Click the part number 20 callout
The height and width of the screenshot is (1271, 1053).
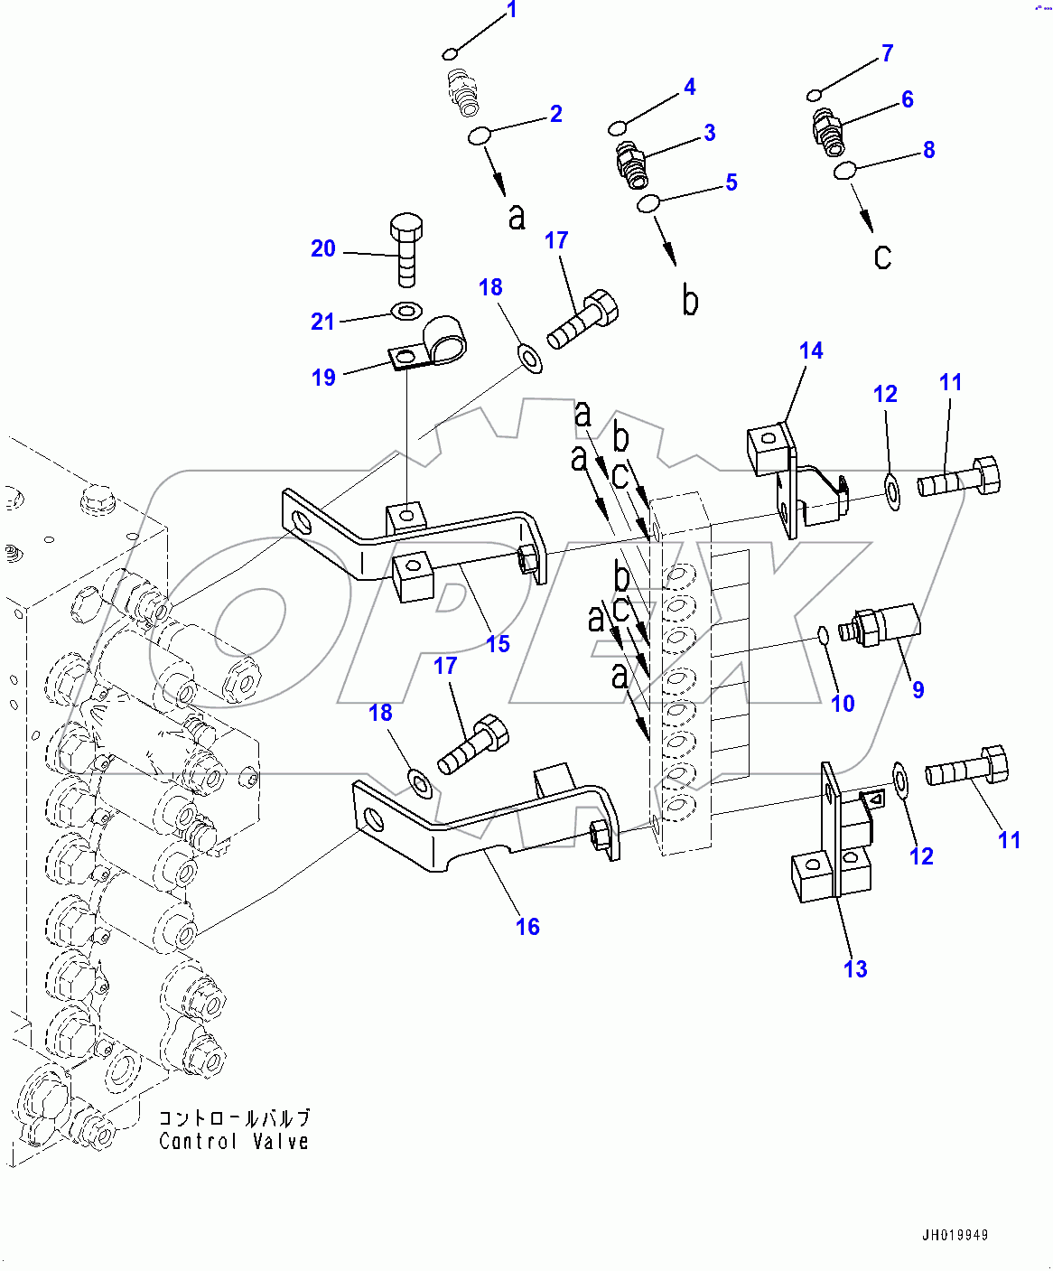point(322,248)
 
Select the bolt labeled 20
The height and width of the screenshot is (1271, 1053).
point(406,248)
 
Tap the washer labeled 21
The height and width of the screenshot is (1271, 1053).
point(405,313)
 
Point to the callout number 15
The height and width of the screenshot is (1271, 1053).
point(498,644)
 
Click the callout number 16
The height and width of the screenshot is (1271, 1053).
point(527,926)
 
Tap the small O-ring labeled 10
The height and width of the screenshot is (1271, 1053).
point(824,635)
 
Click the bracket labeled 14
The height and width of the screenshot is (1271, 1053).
point(786,479)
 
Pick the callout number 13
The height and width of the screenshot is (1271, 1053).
point(854,968)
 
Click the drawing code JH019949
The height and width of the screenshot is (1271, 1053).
point(955,1235)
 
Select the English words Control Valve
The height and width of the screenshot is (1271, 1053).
point(234,1142)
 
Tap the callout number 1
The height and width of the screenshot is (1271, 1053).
point(512,10)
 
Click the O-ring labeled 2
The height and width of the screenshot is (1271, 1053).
point(479,136)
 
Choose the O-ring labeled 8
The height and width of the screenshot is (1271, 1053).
point(845,170)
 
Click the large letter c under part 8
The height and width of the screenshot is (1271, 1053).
point(882,257)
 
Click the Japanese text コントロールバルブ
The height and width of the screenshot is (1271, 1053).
point(234,1118)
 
